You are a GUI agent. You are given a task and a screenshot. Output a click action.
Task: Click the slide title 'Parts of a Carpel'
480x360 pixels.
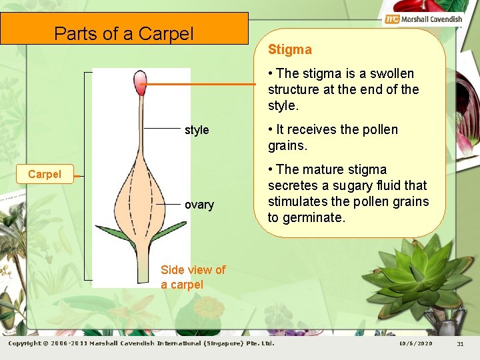[124, 33]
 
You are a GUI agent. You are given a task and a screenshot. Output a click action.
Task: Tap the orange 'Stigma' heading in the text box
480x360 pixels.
[289, 50]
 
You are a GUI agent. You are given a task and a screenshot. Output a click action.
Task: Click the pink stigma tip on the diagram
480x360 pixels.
[140, 83]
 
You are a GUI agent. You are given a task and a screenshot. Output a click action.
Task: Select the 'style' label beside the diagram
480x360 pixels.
[197, 130]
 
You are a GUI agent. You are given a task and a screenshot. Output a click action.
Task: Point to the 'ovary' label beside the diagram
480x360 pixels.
[199, 205]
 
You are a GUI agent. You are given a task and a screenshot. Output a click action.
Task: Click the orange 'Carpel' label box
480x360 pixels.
[45, 175]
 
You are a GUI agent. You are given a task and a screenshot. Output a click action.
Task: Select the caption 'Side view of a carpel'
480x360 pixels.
[193, 277]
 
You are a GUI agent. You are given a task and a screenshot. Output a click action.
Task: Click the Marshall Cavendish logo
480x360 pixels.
[423, 19]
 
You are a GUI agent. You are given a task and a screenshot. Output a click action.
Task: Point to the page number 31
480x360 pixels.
[459, 344]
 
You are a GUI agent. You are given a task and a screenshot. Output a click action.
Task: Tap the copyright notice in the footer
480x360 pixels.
[141, 344]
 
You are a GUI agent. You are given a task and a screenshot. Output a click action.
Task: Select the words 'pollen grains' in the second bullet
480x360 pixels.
[333, 137]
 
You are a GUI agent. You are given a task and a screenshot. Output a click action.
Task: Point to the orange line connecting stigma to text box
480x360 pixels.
[200, 84]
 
